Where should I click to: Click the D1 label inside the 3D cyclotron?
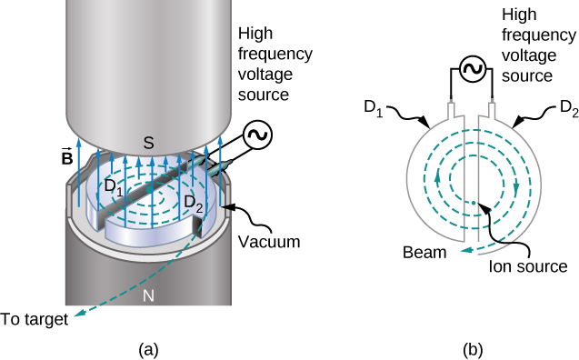tap(114, 188)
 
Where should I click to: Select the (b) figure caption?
tap(474, 347)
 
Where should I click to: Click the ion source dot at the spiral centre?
tap(474, 200)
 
